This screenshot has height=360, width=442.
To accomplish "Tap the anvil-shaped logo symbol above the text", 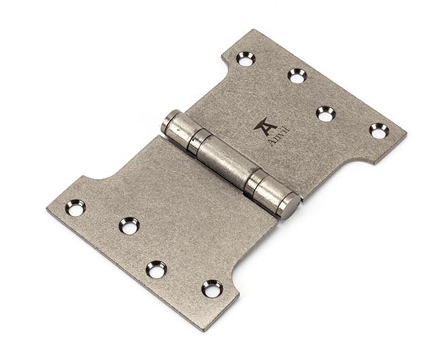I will point(264,126).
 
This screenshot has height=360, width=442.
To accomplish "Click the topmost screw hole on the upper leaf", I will point(245,57).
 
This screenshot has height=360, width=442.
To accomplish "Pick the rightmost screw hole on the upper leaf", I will point(379,130).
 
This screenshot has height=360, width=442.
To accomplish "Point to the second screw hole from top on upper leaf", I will point(297,74).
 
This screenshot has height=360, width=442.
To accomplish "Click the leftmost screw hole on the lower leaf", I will point(75,208).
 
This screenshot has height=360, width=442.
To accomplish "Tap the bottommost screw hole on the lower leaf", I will point(212,288).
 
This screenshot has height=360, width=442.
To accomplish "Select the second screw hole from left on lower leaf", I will point(129,225).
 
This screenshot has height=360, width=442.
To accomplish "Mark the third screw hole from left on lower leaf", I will point(156,269).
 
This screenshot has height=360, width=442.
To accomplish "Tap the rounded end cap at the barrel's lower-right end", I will point(288,207).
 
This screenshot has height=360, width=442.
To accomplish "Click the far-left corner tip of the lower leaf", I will point(47,207).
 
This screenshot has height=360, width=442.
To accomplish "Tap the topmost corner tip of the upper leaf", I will point(254,30).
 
